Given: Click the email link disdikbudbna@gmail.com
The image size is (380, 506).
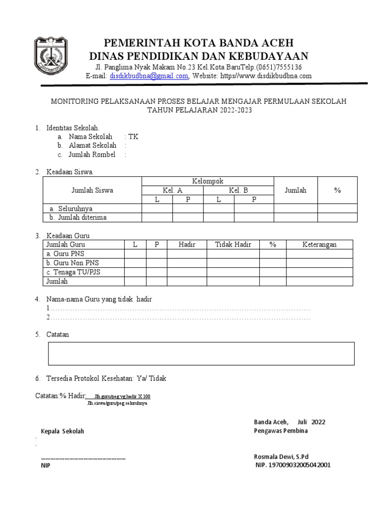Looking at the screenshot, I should (x=149, y=76).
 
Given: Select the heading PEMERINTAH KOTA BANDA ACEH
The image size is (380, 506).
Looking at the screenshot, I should (x=198, y=42).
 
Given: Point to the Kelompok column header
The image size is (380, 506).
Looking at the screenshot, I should (x=208, y=181).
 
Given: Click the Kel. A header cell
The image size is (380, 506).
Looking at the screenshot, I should (x=173, y=190).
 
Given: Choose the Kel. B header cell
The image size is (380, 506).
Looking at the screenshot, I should (x=238, y=190).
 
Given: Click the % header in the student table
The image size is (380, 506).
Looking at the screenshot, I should (x=337, y=190).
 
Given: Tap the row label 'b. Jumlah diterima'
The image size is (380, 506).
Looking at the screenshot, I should (x=78, y=217).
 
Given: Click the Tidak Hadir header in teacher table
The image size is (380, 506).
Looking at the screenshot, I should (x=233, y=245).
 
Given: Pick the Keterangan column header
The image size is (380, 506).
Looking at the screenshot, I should (x=319, y=245).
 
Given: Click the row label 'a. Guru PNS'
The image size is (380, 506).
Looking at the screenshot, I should (x=65, y=253).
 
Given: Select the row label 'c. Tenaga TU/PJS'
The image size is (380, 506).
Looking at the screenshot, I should (x=73, y=272).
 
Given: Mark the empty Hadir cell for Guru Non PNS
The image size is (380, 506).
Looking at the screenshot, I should (x=187, y=263).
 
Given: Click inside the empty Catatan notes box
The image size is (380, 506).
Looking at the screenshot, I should (x=201, y=353).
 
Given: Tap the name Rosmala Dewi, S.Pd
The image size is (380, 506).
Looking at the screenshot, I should (x=281, y=457).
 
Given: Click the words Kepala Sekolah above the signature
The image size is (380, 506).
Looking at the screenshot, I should (x=62, y=431).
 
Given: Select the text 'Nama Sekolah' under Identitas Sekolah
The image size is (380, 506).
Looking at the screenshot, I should (x=90, y=137).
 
